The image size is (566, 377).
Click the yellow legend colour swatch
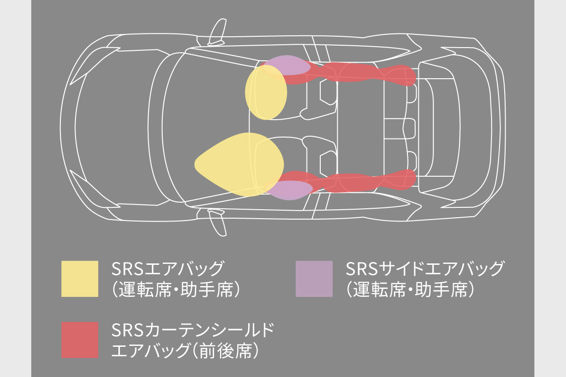80,279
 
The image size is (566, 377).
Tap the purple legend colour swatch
314,279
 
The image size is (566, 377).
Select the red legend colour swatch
80,340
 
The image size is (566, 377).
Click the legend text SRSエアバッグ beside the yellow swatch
167,270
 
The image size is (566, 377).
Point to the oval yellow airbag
266,93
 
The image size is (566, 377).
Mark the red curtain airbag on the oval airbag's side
358,74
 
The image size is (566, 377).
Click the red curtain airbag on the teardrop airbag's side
358,182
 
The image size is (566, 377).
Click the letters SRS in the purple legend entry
360,270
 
